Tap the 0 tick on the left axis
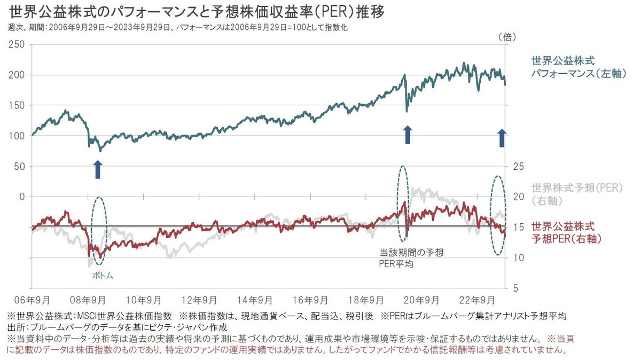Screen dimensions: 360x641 coord(22,197)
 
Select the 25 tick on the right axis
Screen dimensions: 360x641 coord(518,167)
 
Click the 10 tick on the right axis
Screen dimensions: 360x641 coord(518,258)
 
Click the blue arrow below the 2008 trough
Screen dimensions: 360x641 coord(97,169)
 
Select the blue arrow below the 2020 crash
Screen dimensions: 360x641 coord(407,135)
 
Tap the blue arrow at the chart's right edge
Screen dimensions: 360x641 coord(502,137)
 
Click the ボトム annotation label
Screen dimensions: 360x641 coord(101,276)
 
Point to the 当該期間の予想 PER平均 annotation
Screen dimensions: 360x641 coord(411,257)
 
